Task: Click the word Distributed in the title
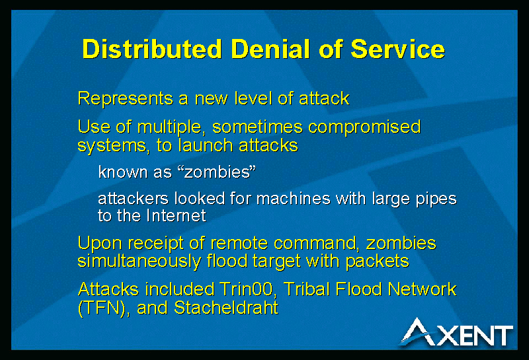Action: tap(152, 49)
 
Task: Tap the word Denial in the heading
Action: tap(270, 49)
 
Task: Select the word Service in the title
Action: tap(398, 49)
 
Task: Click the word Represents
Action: tap(125, 99)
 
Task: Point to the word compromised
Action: tap(364, 127)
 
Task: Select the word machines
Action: tap(293, 198)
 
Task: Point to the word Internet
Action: tap(176, 215)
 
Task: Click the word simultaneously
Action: tap(139, 262)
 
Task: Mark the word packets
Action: tap(378, 262)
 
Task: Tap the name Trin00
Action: tap(246, 289)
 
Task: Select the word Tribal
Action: tap(306, 289)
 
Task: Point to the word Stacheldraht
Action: tap(226, 307)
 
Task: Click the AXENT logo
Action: tap(456, 332)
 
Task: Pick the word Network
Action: tap(422, 289)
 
